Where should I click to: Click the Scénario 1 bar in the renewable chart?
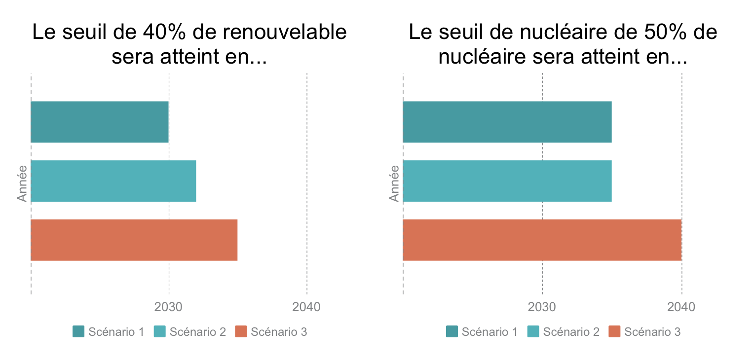tap(100, 122)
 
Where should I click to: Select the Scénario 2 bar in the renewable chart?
tap(113, 181)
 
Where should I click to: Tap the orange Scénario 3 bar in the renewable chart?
tap(134, 240)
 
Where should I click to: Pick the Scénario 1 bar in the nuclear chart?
tap(507, 122)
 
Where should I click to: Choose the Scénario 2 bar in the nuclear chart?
tap(507, 181)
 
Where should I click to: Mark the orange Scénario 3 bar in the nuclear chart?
tap(542, 240)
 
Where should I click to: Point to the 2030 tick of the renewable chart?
tap(168, 307)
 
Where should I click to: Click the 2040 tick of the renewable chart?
tap(306, 307)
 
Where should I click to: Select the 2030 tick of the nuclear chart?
tap(542, 307)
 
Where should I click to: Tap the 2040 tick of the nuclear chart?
tap(681, 307)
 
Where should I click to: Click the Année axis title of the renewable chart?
tap(22, 183)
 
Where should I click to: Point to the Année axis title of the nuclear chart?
tap(394, 183)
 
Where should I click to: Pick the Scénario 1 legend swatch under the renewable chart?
tap(79, 332)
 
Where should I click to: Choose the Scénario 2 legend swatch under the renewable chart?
tap(160, 332)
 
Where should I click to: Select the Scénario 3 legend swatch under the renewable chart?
tap(241, 332)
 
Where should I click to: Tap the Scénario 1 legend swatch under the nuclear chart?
tap(452, 332)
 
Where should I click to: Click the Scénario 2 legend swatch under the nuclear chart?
tap(533, 332)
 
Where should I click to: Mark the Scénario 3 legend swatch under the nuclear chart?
tap(614, 332)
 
